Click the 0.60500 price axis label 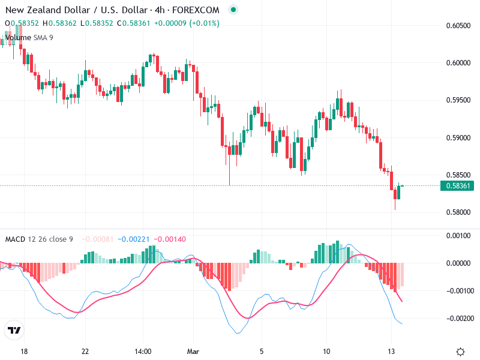(458, 25)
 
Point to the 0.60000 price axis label (458, 62)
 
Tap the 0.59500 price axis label (458, 100)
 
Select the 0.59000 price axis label (458, 137)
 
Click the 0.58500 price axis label (458, 175)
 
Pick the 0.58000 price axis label (458, 212)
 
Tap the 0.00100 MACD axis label (458, 235)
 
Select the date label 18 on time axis (24, 352)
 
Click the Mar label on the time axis (193, 352)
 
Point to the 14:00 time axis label (143, 352)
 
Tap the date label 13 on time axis (392, 352)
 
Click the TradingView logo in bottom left (14, 330)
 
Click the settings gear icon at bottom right (461, 352)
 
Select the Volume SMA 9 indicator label (29, 38)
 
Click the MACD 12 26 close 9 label (39, 239)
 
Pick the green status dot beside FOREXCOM (233, 10)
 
